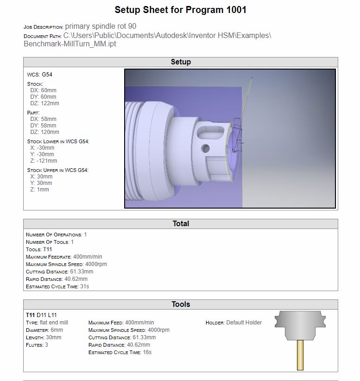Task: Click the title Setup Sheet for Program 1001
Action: [180, 10]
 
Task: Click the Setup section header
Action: [180, 62]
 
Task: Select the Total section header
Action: [180, 223]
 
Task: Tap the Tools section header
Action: [180, 304]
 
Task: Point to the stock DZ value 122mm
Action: [50, 103]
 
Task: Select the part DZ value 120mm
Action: [50, 132]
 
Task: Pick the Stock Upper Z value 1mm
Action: [43, 190]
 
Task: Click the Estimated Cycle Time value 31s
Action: [84, 286]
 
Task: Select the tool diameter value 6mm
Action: [57, 330]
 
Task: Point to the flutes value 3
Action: [46, 345]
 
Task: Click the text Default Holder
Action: [244, 323]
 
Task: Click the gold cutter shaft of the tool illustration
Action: [300, 355]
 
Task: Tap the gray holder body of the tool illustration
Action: [300, 324]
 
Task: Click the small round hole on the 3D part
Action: [204, 149]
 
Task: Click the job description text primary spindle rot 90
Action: [101, 26]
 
